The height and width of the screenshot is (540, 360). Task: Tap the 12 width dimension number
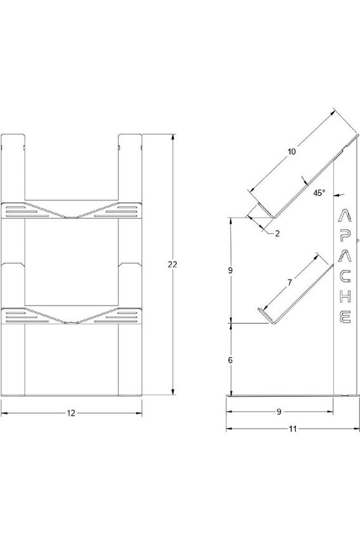71,413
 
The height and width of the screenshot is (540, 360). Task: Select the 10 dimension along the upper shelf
290,153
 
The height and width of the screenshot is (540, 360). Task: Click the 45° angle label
318,193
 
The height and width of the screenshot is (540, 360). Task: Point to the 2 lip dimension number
278,234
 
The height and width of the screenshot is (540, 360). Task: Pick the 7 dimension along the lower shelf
289,283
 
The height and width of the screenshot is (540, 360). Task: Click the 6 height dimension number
231,359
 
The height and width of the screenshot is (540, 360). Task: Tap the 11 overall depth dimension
292,428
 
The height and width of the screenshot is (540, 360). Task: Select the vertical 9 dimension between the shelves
231,270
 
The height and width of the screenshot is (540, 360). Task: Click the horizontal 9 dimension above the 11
279,412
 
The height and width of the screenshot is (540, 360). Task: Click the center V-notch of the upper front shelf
71,217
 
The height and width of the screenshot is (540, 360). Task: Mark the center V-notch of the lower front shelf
71,321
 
